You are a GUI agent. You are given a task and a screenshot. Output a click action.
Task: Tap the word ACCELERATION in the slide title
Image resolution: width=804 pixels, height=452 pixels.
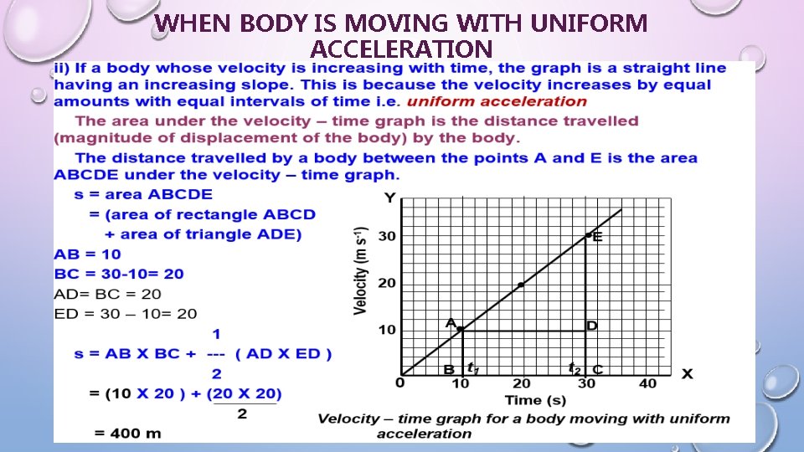(401, 49)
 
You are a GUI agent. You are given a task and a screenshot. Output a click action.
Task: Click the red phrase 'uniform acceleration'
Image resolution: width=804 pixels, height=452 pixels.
(497, 102)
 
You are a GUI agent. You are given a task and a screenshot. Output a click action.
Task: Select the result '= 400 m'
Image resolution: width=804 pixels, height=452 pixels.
(127, 433)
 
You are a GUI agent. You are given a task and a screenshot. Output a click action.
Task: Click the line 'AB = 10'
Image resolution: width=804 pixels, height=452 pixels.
(87, 254)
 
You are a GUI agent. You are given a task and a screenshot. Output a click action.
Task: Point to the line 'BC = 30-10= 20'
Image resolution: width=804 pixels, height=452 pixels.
(118, 274)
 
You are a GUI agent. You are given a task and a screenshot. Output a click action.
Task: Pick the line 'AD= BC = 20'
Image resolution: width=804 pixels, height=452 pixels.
(108, 294)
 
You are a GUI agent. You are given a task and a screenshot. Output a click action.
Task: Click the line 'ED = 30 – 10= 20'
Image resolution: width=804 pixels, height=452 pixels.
(126, 314)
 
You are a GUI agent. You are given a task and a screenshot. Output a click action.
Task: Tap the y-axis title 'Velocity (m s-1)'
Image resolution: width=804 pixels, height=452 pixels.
(360, 270)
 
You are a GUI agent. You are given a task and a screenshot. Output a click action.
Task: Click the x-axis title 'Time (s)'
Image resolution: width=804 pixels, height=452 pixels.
(523, 400)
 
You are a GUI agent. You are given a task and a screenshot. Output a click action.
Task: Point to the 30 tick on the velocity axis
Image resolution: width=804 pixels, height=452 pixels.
(386, 237)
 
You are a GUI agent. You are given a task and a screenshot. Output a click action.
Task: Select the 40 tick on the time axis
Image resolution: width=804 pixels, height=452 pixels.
(647, 384)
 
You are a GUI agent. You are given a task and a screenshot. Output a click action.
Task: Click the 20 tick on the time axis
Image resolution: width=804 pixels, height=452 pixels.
(521, 384)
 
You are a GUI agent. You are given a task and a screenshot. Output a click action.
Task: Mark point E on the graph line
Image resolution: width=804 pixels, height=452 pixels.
(588, 236)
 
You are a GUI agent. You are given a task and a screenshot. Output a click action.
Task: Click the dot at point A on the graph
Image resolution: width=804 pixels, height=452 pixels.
(460, 329)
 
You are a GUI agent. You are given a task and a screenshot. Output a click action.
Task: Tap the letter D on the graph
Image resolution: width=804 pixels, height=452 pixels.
(591, 326)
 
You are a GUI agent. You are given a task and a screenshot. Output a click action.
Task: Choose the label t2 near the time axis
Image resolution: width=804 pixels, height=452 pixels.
(575, 367)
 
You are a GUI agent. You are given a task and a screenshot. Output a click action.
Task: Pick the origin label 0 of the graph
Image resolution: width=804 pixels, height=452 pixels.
(400, 383)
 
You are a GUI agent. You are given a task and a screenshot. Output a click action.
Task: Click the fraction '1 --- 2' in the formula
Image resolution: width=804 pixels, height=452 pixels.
(216, 352)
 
